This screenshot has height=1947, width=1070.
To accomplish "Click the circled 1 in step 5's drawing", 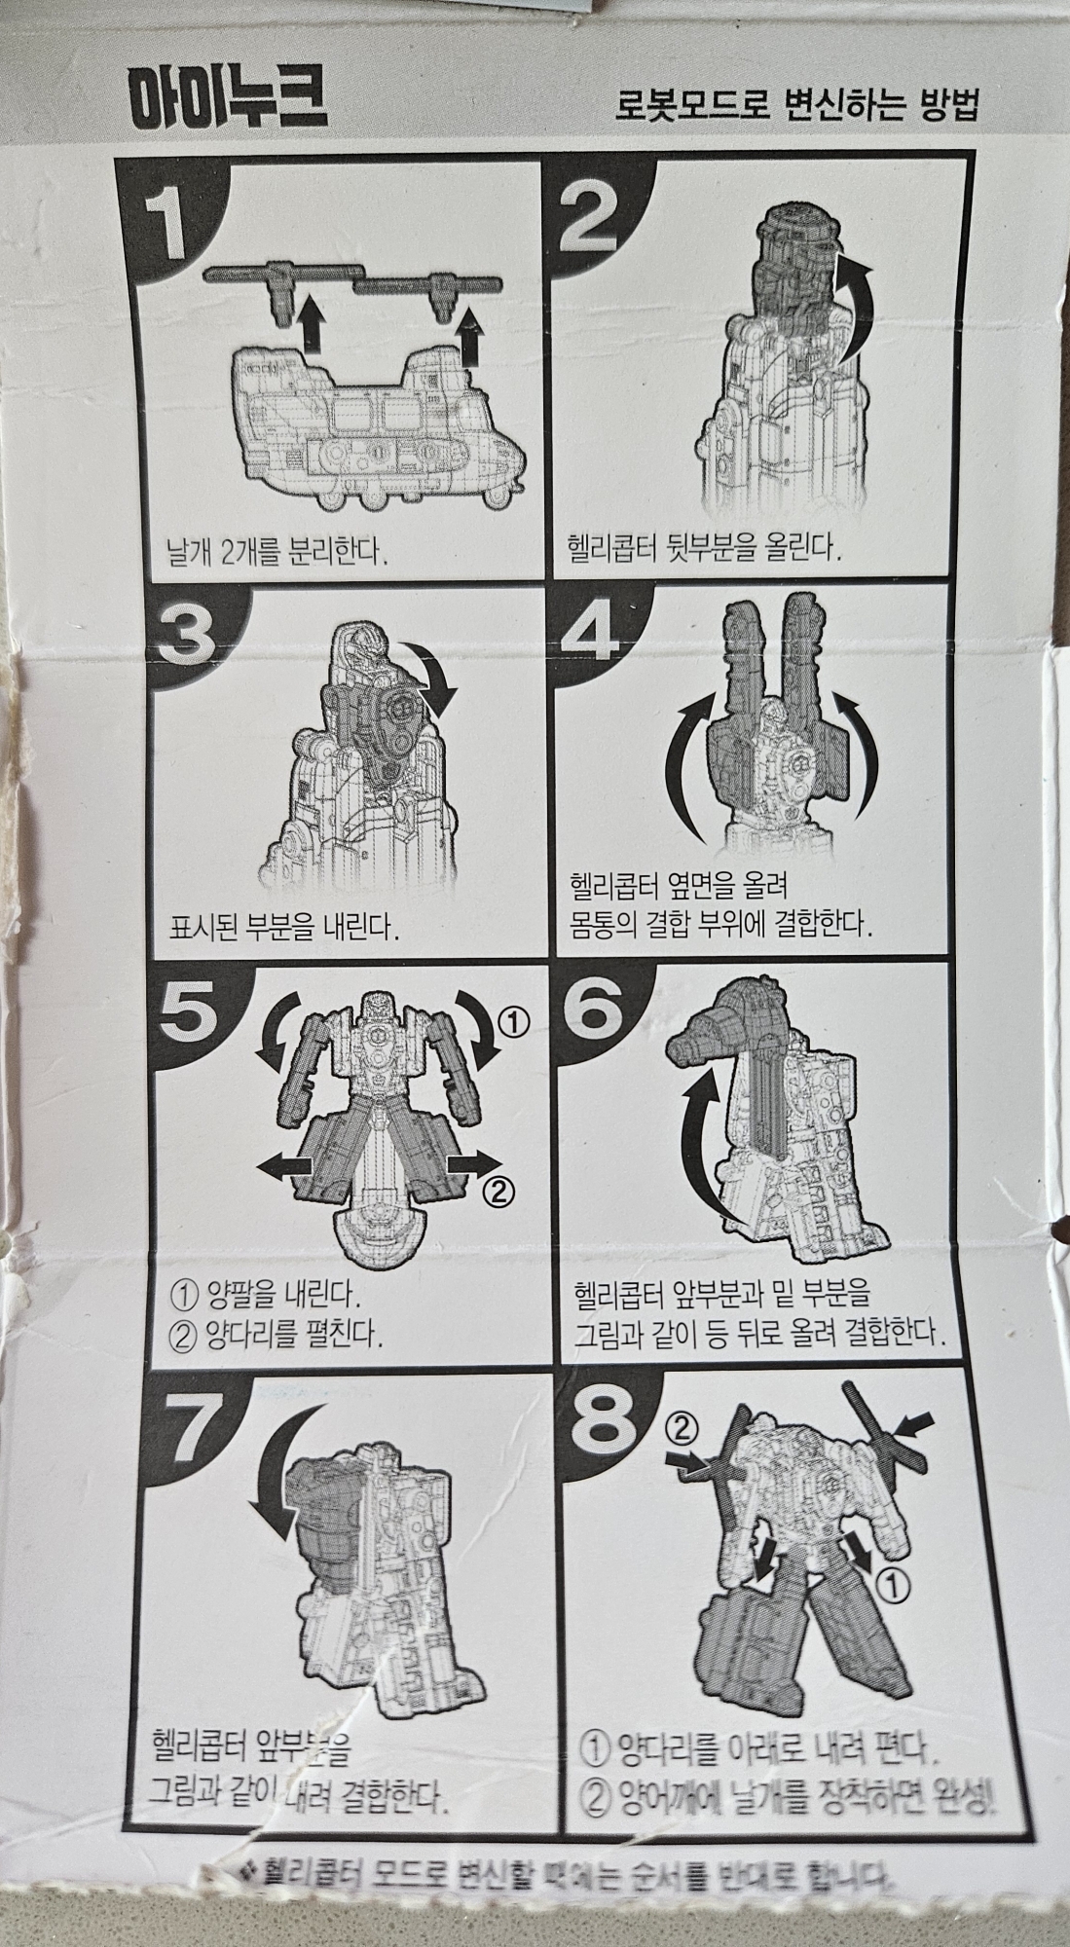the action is click(513, 1021).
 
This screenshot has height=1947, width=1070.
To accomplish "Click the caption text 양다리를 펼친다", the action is click(292, 1332).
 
